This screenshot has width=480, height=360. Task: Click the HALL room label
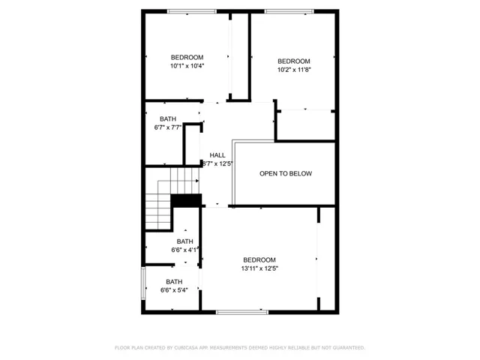[x=217, y=154]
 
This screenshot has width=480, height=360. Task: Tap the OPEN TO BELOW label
[x=286, y=173]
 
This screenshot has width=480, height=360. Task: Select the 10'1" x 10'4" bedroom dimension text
[x=187, y=66]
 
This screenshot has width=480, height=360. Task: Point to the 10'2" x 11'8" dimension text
[x=294, y=70]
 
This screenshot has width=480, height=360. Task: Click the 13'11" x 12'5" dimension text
[x=259, y=268]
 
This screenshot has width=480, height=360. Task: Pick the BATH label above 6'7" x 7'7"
[x=168, y=118]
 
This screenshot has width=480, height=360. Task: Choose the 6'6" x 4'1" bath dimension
[x=184, y=250]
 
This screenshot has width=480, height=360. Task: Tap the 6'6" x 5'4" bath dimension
[x=174, y=290]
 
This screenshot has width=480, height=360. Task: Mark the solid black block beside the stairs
[x=187, y=200]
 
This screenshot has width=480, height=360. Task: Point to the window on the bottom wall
[x=241, y=311]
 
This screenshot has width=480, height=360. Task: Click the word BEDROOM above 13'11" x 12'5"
[x=259, y=259]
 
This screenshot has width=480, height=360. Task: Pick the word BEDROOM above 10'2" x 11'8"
[x=294, y=61]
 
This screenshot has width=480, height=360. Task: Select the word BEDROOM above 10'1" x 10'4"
[x=187, y=58]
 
